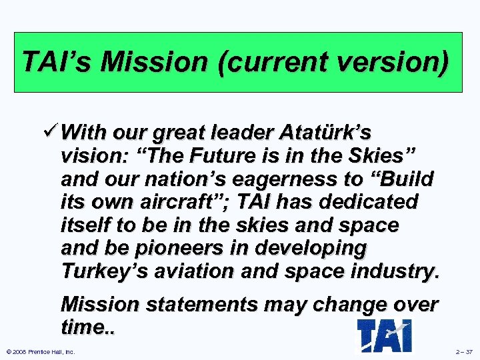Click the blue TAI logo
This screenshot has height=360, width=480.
[x=385, y=335]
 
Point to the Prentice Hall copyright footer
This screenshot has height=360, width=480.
[x=40, y=351]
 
